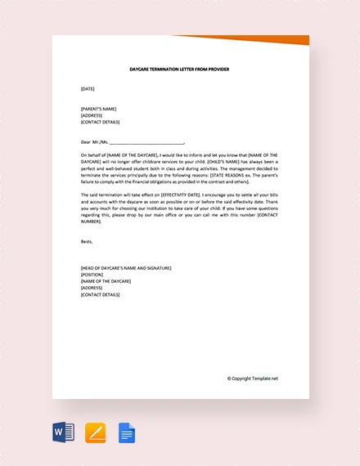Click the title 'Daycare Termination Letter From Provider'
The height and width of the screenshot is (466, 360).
click(180, 69)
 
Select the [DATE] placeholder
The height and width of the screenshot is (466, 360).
click(88, 88)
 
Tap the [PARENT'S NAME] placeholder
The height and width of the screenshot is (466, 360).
click(99, 108)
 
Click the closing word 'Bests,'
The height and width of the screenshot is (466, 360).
click(87, 241)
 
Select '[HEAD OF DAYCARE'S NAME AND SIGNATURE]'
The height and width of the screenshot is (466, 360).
click(126, 268)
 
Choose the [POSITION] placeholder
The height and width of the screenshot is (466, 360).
click(93, 275)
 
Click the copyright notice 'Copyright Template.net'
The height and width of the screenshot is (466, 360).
click(254, 379)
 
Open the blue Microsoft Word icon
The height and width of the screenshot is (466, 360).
click(64, 431)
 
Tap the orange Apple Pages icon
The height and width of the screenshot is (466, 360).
click(96, 431)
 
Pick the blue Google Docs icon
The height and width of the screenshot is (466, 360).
click(127, 431)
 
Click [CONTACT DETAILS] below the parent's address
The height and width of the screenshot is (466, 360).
click(101, 121)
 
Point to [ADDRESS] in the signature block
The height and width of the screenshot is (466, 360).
click(92, 288)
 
